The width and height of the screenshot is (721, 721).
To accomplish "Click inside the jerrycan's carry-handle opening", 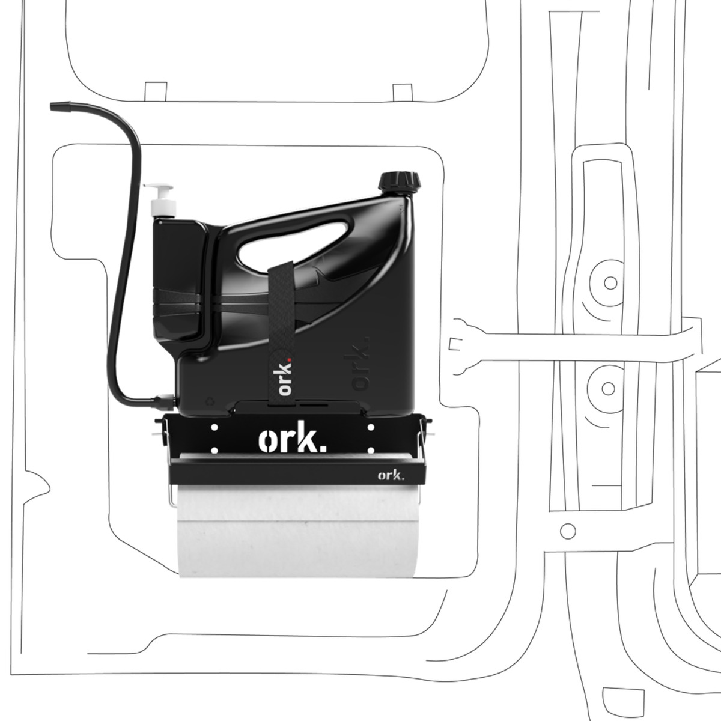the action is [295, 243].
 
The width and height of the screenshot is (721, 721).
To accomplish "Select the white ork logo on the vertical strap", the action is [285, 377].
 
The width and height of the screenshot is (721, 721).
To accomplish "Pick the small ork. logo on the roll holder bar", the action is [391, 475].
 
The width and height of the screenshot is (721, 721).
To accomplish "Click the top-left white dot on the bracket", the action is [214, 427].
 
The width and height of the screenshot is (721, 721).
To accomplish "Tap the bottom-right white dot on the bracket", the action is [371, 450].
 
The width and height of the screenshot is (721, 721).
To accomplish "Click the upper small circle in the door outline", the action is [610, 283].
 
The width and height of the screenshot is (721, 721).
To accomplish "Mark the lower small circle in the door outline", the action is [608, 389].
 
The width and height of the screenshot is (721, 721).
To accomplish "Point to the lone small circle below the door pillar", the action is [568, 531].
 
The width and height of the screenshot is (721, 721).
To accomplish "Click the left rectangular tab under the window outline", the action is [156, 91].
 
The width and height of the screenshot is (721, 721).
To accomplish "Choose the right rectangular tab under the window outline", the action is [403, 93].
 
